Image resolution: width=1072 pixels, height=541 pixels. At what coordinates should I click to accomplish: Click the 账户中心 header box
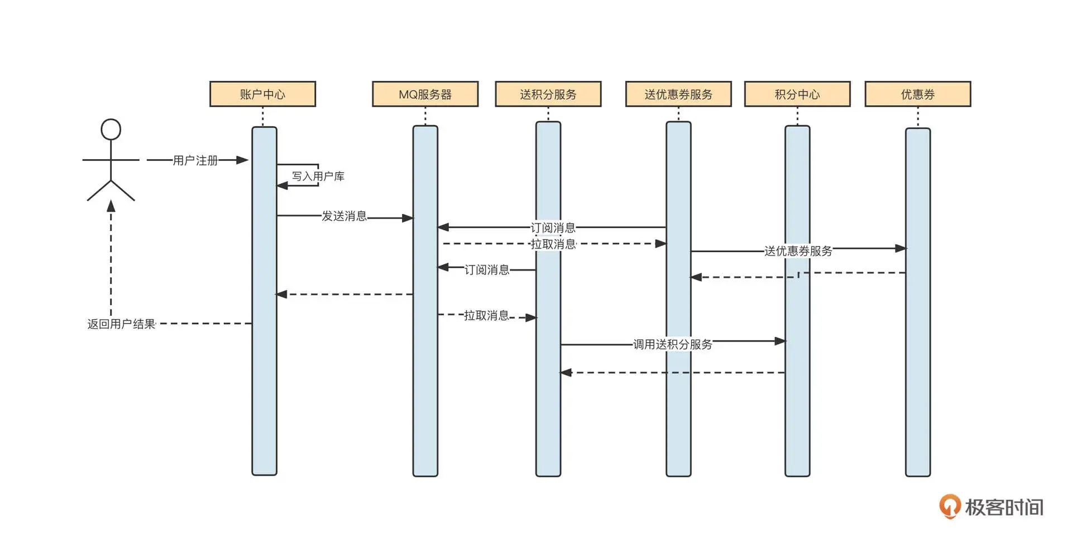click(262, 94)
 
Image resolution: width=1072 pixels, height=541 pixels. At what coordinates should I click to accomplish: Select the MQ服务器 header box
click(425, 94)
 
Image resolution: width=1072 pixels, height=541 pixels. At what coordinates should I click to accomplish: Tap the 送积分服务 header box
click(548, 94)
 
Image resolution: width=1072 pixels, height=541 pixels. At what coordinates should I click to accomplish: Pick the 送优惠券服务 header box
click(678, 94)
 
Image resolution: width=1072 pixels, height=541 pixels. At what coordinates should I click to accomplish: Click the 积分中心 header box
click(797, 94)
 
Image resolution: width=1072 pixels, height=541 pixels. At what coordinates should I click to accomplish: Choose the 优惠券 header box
click(917, 94)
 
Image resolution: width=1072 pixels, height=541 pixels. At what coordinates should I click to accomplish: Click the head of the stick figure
click(111, 129)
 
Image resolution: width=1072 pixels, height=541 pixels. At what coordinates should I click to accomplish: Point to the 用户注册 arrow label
click(195, 160)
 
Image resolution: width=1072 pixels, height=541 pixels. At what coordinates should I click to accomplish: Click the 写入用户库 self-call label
click(318, 176)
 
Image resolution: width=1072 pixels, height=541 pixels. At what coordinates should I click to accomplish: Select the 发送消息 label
click(344, 216)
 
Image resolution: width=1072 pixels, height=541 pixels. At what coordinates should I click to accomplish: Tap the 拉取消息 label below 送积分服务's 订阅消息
click(486, 316)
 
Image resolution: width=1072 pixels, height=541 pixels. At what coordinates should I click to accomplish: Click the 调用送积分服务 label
click(672, 344)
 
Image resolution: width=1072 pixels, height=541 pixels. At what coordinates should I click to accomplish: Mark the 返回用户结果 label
click(121, 324)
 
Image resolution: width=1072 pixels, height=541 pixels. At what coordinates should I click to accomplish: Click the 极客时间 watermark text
click(1004, 507)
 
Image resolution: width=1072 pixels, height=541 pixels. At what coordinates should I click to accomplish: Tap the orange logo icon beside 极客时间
click(949, 506)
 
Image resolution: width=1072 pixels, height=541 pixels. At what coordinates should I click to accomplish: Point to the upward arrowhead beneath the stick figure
click(111, 206)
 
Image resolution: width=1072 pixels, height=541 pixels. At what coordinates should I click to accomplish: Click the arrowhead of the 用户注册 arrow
click(242, 160)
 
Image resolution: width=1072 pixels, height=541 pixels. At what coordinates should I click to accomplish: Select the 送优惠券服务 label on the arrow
click(798, 251)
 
